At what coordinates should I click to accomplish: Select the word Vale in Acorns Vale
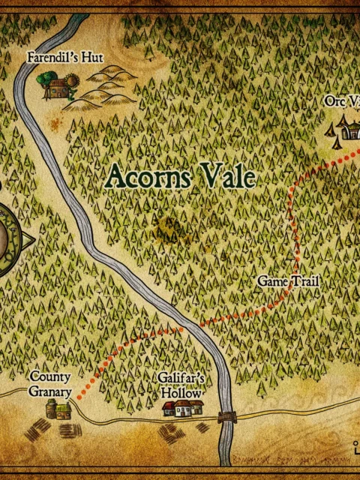coord(228,176)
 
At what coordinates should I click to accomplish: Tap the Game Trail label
coord(289,281)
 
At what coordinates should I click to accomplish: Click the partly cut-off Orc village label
coord(342,101)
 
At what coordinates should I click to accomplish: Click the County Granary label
coord(50,384)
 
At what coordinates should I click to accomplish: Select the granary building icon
coord(58,409)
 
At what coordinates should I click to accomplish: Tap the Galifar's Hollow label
coord(181,385)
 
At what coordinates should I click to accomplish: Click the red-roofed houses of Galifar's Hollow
coord(184,408)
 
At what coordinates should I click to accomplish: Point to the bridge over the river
coord(226,417)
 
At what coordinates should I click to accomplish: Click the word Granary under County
coord(50,391)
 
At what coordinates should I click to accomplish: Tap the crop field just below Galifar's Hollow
coord(172,433)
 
